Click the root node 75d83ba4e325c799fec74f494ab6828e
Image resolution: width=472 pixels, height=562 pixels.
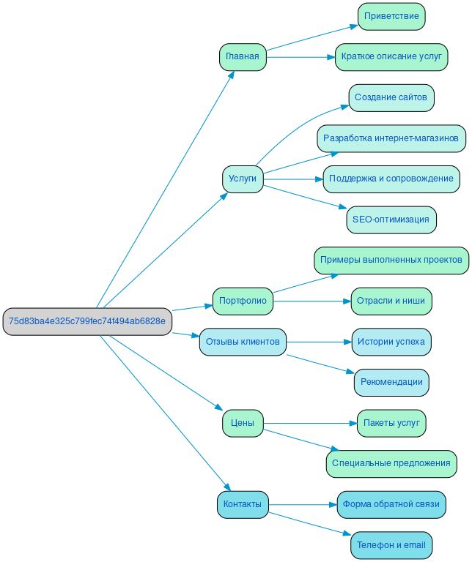point(86,321)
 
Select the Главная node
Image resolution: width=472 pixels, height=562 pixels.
point(243,57)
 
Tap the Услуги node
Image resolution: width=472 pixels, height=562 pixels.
point(243,179)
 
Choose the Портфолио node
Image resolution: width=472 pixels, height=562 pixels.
point(243,301)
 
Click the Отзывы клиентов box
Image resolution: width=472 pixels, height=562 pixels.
point(243,342)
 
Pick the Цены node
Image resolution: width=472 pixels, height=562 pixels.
point(243,423)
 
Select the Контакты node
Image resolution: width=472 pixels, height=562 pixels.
point(243,504)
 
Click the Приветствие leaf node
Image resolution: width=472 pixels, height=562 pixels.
point(391,16)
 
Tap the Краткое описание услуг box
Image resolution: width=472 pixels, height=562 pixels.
point(391,57)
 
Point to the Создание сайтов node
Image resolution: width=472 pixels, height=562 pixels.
point(391,97)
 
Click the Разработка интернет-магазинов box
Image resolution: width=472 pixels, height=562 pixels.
point(391,138)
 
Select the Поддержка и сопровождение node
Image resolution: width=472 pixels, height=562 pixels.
point(391,179)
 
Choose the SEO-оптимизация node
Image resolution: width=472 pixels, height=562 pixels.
point(391,220)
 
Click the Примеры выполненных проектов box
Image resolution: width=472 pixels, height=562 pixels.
point(391,260)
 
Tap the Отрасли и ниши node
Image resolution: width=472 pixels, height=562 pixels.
point(391,301)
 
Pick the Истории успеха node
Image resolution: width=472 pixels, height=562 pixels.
point(391,342)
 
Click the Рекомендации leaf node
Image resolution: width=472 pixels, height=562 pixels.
point(391,382)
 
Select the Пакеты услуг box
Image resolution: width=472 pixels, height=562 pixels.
point(391,423)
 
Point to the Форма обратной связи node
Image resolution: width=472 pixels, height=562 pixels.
point(391,504)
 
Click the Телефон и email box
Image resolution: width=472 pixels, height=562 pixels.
point(391,545)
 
